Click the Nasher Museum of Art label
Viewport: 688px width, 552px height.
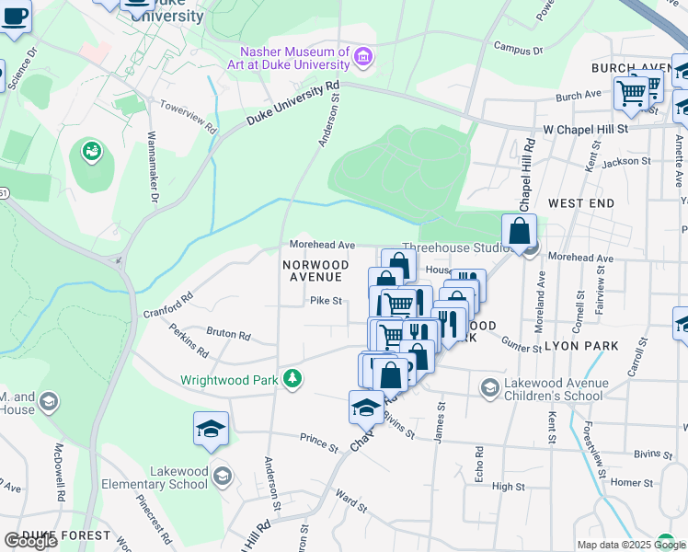(293, 58)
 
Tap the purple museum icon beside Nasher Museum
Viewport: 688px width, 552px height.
(363, 59)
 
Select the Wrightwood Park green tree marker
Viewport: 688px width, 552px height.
(292, 379)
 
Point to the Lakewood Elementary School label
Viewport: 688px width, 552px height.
(151, 477)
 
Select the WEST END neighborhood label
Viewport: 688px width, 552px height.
(580, 201)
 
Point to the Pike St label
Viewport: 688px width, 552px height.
(325, 300)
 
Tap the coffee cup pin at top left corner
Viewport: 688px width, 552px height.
(14, 16)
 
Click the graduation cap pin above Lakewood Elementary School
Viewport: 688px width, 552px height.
(211, 429)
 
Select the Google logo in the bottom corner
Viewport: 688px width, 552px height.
(30, 541)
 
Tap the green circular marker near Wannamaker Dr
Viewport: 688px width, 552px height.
(91, 151)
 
